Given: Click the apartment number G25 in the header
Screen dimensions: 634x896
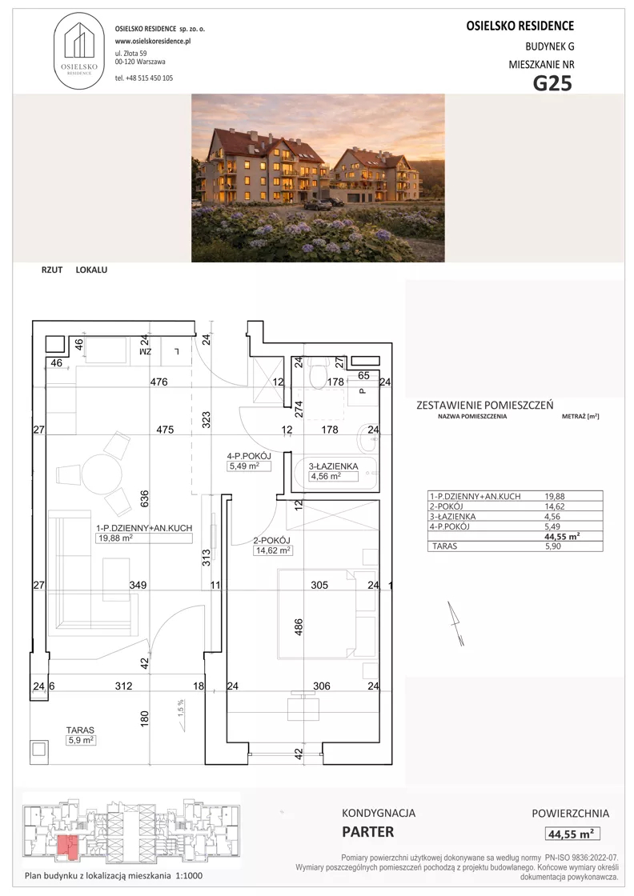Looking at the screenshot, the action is pos(552,83).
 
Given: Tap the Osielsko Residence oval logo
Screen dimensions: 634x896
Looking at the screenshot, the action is pos(79,51).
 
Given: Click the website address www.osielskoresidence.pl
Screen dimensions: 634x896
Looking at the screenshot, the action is pos(153,41).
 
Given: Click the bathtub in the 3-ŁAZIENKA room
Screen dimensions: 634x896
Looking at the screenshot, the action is pos(335,471).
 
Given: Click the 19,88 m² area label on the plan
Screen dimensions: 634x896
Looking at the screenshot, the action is pos(114,538).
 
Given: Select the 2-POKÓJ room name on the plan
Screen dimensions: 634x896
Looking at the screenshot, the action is pos(271,541).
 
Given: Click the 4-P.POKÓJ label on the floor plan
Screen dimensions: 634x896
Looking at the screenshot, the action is pos(249,456).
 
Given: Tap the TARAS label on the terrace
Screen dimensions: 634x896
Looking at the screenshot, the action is pos(80,730).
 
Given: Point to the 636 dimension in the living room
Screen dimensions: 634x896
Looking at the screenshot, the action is pos(144,498).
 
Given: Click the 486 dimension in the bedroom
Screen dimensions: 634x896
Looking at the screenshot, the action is pos(298,627).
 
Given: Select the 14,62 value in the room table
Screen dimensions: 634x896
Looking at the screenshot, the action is pos(555,506).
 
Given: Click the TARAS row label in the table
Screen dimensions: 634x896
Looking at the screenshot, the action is pos(445,546).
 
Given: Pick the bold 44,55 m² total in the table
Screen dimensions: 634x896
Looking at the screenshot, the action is pos(562,536).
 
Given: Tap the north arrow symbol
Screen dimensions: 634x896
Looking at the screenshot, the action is pos(455,623).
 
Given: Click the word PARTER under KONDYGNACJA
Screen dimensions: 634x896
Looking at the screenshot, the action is pos(367,832).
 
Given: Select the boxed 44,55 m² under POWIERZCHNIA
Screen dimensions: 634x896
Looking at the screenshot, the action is pos(571,834).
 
